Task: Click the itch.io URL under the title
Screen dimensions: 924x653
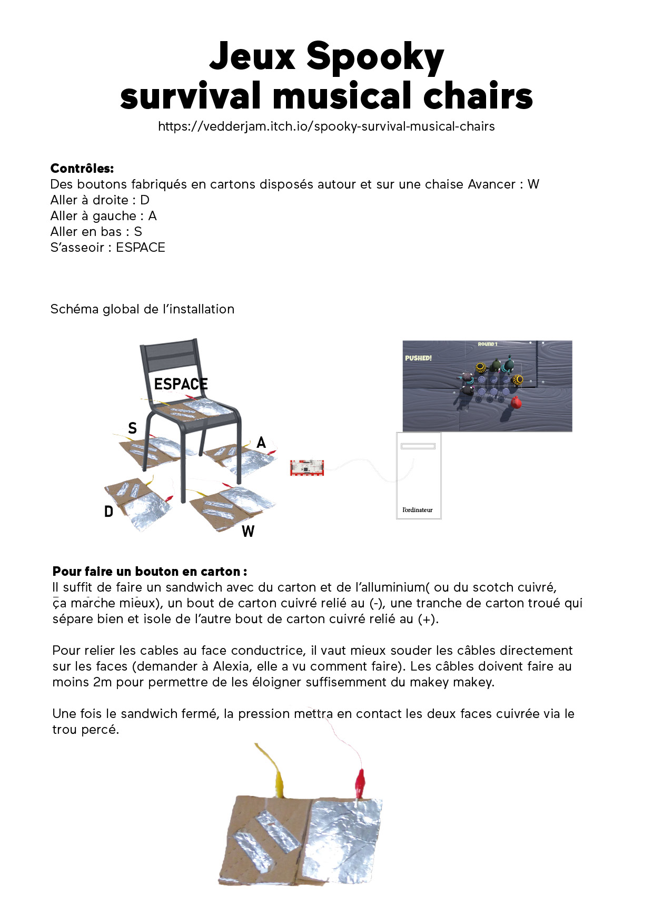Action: point(326,126)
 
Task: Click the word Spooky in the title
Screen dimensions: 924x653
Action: point(374,56)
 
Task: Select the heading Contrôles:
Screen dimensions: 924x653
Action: point(82,169)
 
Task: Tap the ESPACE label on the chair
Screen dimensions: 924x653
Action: point(181,384)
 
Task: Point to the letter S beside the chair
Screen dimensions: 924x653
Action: point(132,428)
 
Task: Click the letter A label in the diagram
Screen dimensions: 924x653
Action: point(261,443)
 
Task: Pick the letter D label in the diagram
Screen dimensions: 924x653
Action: point(108,512)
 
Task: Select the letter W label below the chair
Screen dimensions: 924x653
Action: point(248,532)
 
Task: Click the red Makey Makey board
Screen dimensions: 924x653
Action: point(306,467)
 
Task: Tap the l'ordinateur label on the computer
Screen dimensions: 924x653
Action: point(417,510)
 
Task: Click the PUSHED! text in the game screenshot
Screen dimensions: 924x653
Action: point(418,358)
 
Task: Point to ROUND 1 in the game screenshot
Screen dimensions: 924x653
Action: point(487,344)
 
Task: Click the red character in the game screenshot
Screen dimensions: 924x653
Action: point(517,403)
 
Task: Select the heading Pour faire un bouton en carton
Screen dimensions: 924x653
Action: point(150,572)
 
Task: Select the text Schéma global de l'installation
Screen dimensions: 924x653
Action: point(142,309)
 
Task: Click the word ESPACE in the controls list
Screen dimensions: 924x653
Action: point(141,248)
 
